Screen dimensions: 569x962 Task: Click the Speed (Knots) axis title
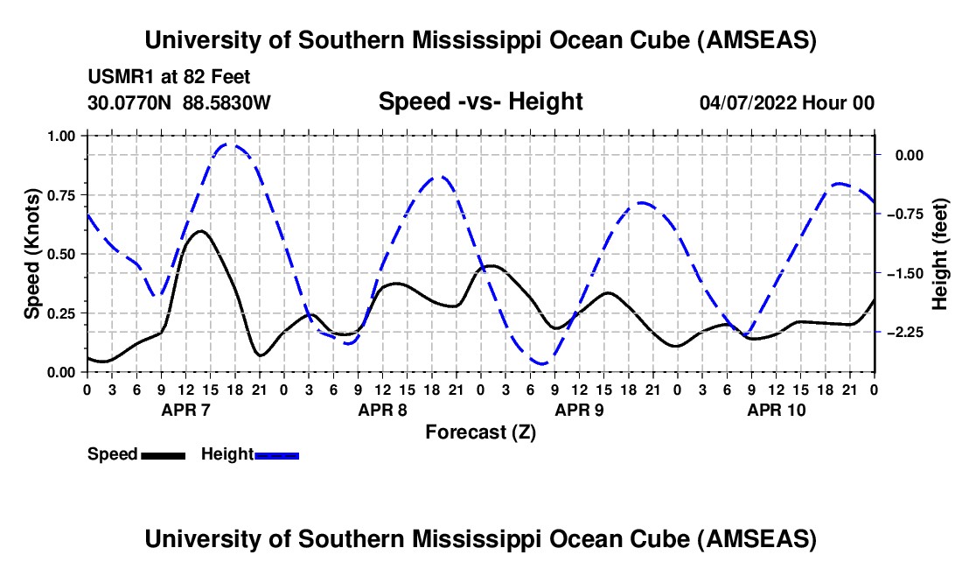point(32,254)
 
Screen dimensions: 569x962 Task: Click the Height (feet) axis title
point(940,254)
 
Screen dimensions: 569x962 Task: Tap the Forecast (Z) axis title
point(480,432)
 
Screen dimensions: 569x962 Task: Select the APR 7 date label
point(185,410)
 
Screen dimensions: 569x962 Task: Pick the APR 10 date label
point(776,410)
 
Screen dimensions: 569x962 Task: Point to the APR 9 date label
point(579,410)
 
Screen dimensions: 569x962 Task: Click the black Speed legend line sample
point(163,454)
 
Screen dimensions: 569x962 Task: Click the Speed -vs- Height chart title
point(480,102)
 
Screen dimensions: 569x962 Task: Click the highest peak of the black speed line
point(201,231)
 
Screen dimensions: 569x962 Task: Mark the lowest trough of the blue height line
point(542,363)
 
